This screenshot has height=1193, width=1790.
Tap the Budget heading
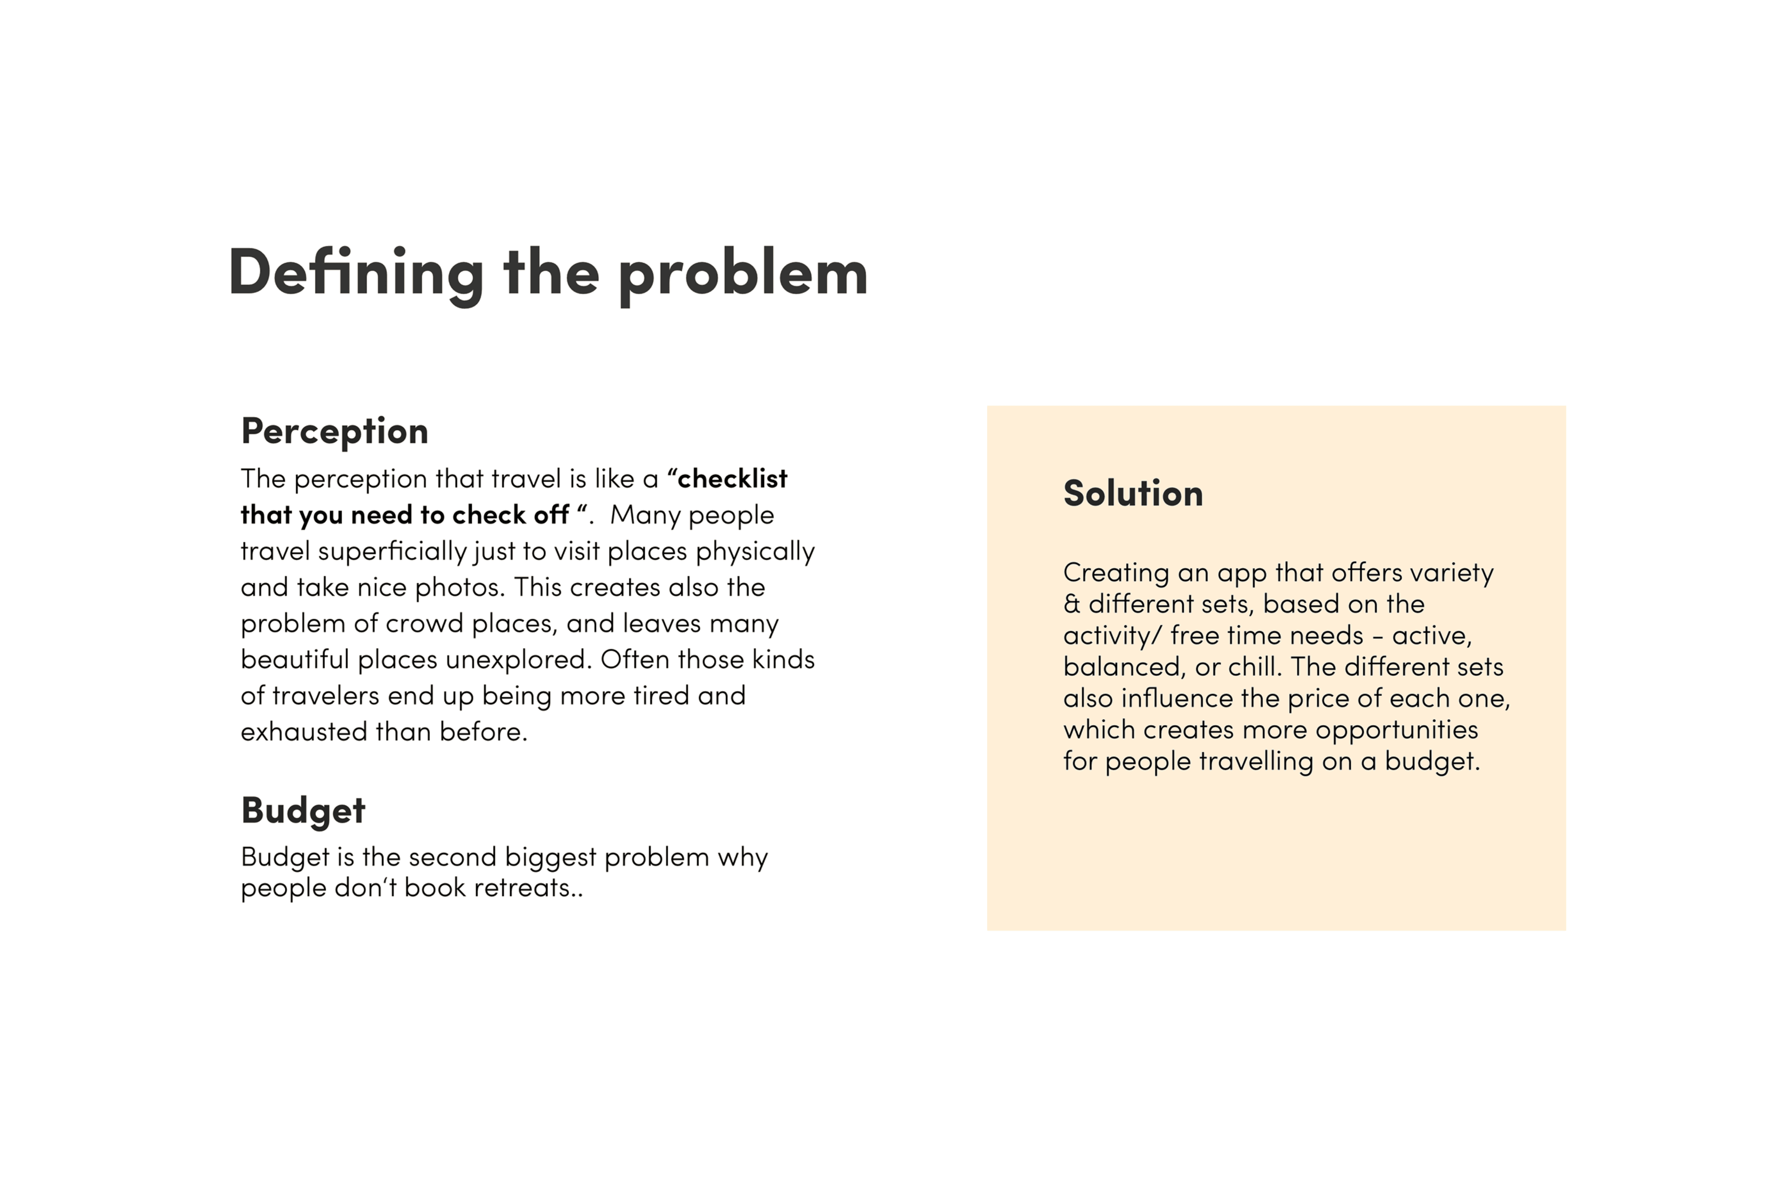click(303, 810)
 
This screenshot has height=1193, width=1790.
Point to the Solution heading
click(1133, 493)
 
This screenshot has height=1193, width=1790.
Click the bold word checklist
click(732, 478)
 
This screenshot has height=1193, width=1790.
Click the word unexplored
click(518, 659)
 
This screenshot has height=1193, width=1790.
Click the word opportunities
click(1396, 731)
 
